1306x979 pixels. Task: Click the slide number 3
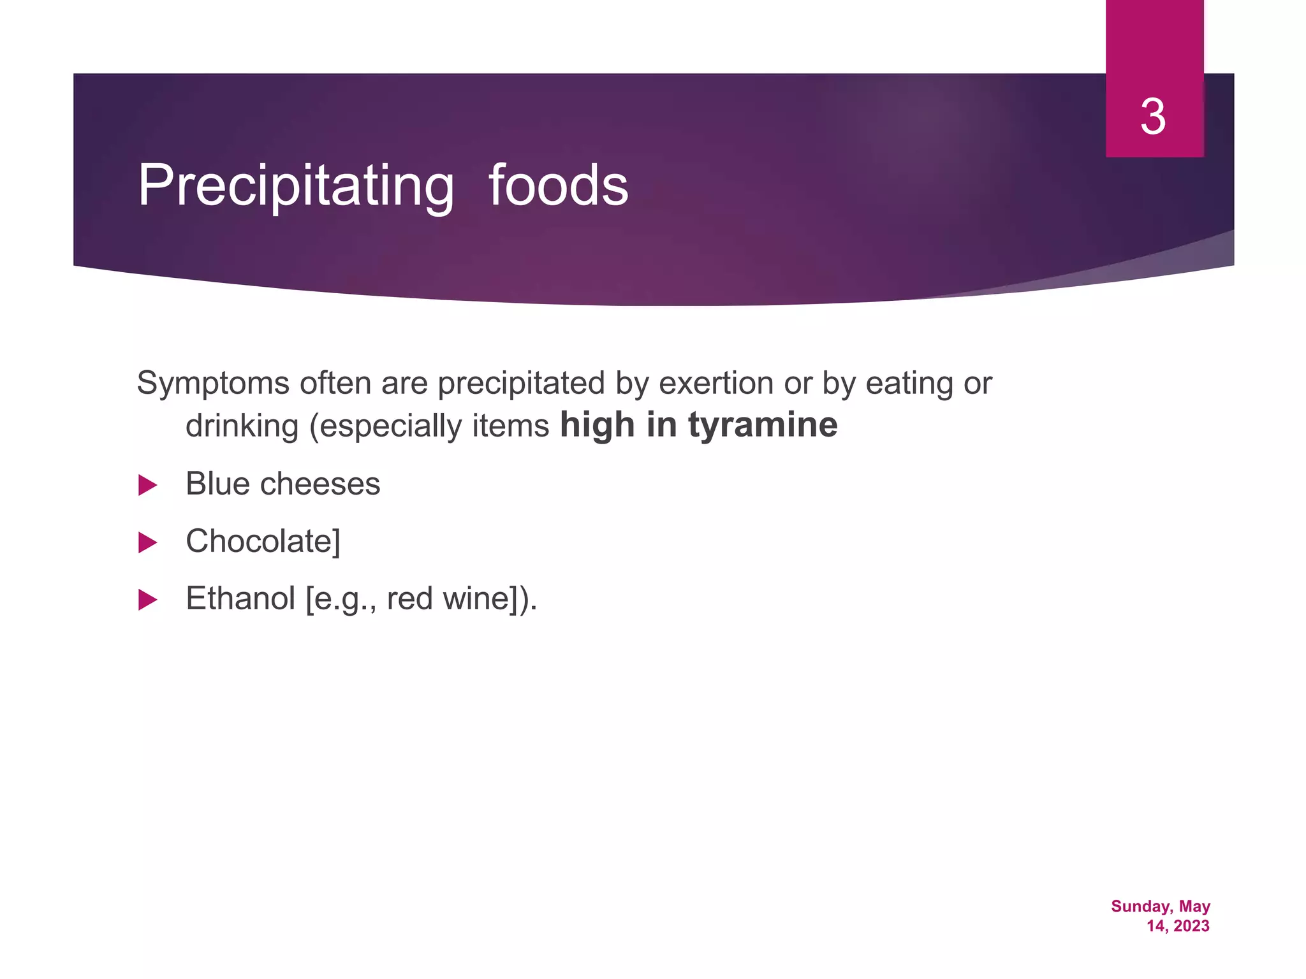1153,117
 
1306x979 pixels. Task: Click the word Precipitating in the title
296,186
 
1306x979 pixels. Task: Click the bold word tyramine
763,425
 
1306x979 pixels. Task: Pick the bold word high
597,425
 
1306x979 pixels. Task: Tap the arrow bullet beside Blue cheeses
147,485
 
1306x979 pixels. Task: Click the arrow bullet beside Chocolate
147,542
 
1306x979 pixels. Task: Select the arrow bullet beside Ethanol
147,600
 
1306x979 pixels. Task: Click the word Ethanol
240,598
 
